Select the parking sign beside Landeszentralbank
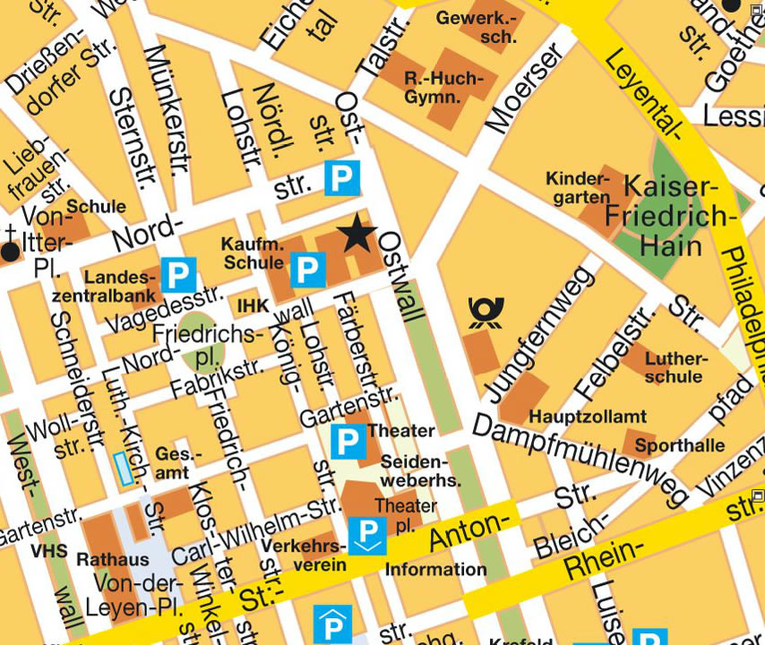(178, 275)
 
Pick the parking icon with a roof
(332, 623)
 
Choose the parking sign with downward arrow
(367, 536)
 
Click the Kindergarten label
(578, 188)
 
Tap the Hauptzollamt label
(588, 417)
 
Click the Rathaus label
(113, 559)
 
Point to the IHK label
(253, 306)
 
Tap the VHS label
(48, 551)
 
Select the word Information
(435, 569)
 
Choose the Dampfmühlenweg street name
(580, 460)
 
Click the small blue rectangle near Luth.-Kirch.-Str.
(122, 469)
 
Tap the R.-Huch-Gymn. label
(443, 87)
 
